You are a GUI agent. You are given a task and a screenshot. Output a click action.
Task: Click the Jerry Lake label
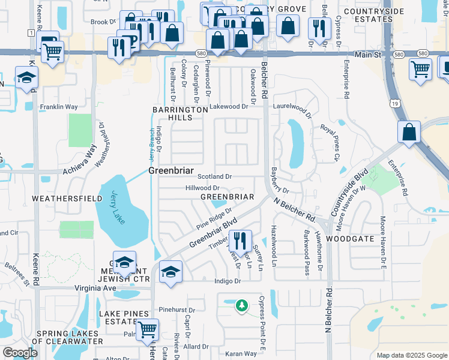coord(118,208)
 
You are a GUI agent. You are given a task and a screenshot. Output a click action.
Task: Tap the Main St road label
coord(369,55)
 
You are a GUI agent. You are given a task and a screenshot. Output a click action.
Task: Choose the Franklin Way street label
coord(59,107)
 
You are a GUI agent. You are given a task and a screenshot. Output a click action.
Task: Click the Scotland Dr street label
coord(215,176)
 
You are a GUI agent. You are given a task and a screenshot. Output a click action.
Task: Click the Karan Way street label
coord(241,353)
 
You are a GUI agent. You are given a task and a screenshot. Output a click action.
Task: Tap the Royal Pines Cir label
coord(330,142)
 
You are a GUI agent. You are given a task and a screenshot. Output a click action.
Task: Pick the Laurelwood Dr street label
coord(292,107)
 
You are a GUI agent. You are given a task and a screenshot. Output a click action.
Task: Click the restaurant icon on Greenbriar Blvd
coord(240,241)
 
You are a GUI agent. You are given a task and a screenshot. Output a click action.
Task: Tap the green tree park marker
coord(241,305)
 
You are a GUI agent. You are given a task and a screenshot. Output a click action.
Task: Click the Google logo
coord(19,352)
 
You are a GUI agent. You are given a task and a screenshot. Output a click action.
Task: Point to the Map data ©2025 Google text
coord(412,355)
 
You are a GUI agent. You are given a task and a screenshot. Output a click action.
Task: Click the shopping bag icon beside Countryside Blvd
coord(409,133)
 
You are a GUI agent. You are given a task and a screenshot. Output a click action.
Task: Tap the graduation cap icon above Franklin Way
coord(26,78)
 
